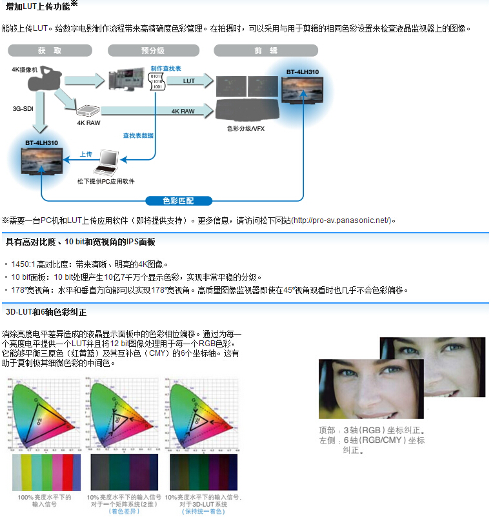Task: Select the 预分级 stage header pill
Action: click(x=150, y=50)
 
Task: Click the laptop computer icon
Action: click(x=105, y=165)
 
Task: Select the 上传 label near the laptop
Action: click(x=86, y=154)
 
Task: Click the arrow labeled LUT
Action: click(x=189, y=81)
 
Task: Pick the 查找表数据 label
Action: click(x=138, y=135)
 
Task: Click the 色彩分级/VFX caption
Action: click(x=245, y=128)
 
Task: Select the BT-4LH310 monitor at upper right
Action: click(x=303, y=91)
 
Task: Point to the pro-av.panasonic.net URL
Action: click(x=341, y=220)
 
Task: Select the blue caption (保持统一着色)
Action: click(x=203, y=511)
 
